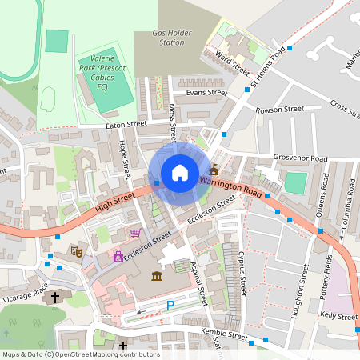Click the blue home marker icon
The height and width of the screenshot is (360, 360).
180,173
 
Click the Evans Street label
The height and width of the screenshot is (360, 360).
206,93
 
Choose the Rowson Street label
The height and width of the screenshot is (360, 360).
280,109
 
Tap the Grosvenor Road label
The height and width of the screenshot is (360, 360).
301,158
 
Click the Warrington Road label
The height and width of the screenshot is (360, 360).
231,189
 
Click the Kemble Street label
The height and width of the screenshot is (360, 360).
226,336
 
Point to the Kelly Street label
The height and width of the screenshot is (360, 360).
338,317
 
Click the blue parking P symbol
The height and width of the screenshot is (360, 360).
170,305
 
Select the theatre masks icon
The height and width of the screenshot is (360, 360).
78,251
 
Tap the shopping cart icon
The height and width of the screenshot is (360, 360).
135,234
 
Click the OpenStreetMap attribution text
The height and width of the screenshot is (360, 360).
81,354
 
